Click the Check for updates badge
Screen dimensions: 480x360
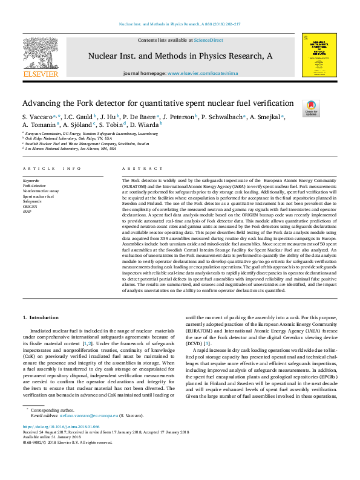(x=312, y=108)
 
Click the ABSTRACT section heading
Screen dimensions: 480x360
(x=134, y=168)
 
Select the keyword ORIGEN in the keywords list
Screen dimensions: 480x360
(x=30, y=207)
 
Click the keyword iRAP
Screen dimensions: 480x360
(x=27, y=212)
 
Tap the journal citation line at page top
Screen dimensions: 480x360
(x=180, y=25)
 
